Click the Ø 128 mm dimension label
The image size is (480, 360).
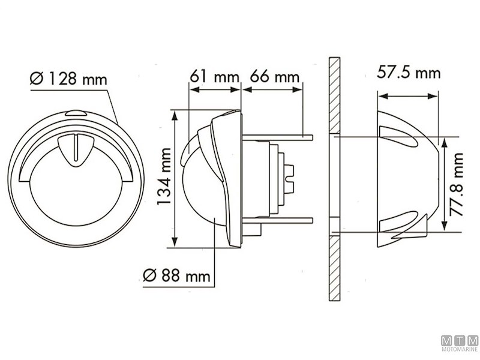tap(68, 79)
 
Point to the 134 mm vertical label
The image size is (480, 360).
tap(164, 176)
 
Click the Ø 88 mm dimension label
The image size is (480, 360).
tap(176, 275)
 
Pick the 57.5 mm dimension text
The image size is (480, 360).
tap(409, 73)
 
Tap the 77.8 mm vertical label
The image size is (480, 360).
tap(456, 184)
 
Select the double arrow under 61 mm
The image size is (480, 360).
tap(215, 89)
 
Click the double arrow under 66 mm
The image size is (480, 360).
tap(272, 89)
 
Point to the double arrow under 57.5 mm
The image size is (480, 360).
tap(408, 96)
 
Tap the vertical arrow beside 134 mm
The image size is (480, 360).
tap(175, 179)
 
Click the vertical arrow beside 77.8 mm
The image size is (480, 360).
tap(444, 184)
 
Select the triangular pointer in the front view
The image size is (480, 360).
tap(76, 150)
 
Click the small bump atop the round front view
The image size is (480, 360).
tap(76, 113)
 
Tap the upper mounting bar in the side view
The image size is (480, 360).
tap(277, 137)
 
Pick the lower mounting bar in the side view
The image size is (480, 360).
tap(277, 220)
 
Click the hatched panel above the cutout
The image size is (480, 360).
tap(334, 95)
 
